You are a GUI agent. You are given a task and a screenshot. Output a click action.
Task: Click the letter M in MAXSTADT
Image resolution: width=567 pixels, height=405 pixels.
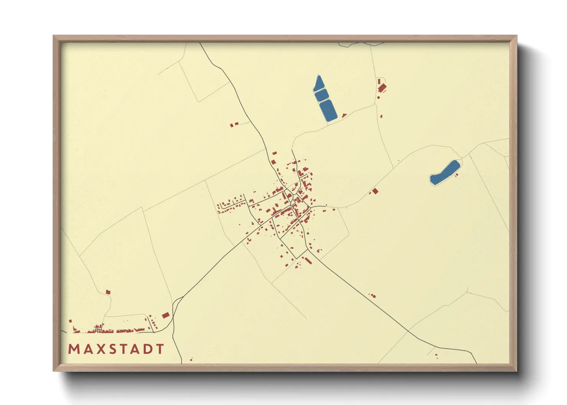coord(73,349)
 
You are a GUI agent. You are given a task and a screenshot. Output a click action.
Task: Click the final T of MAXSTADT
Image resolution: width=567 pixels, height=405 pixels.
coord(160,349)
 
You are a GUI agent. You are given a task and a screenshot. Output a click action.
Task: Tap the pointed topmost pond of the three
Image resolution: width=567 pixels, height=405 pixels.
coord(318,84)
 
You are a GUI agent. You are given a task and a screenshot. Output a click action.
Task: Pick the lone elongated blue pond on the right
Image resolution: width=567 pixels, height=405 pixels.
coord(444,173)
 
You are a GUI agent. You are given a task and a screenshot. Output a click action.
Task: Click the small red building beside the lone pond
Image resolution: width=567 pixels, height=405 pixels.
coord(456,175)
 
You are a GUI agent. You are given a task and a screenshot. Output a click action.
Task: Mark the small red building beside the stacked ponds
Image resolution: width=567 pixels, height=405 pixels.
coord(344,115)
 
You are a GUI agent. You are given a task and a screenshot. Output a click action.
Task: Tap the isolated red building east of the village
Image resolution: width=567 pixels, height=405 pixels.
coord(375,191)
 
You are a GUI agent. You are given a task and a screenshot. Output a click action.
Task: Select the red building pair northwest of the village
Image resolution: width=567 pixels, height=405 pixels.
coord(234,124)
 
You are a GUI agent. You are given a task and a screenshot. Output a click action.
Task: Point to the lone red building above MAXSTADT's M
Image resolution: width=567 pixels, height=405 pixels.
coord(108,292)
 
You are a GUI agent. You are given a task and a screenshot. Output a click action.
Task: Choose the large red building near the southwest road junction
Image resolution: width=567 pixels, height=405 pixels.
coord(166,315)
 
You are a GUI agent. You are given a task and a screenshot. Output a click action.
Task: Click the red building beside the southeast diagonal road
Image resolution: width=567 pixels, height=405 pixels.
coord(373,296)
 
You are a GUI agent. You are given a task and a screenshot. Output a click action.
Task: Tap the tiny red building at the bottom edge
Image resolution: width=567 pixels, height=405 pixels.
coord(191,359)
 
